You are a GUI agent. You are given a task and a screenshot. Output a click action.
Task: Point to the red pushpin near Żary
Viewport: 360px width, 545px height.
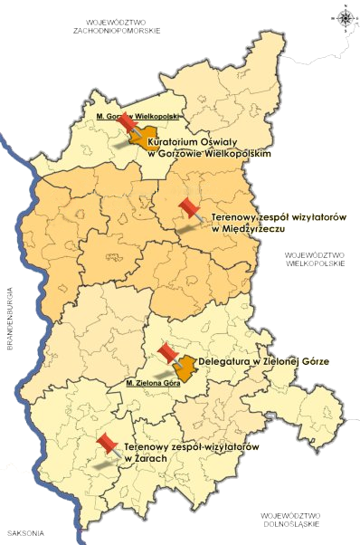pyautogui.click(x=109, y=444)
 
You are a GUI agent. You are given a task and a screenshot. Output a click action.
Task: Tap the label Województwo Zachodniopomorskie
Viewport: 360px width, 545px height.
pyautogui.click(x=119, y=25)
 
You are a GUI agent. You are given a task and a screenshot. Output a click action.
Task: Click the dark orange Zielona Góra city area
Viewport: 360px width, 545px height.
pyautogui.click(x=186, y=368)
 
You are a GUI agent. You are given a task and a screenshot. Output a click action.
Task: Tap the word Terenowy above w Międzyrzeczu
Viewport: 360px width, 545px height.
pyautogui.click(x=237, y=218)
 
